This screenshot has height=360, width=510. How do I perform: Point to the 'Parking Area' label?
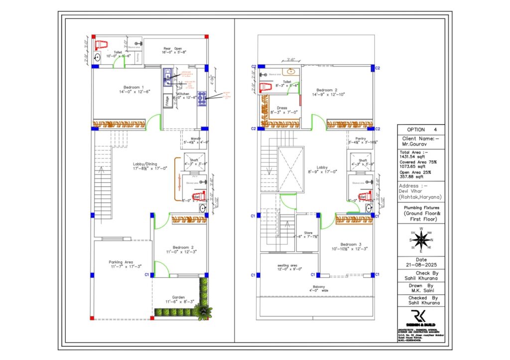coord(121,262)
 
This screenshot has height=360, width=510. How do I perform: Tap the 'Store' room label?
coord(308,232)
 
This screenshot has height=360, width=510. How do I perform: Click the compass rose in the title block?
coord(421,240)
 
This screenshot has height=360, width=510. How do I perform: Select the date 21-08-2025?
coord(421,264)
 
